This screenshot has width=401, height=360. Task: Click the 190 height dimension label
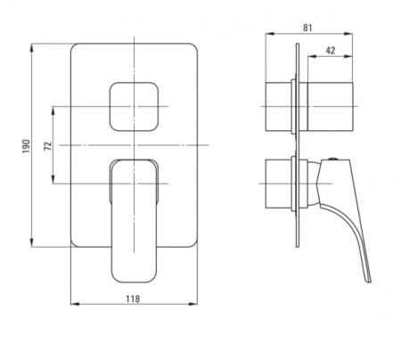(27, 146)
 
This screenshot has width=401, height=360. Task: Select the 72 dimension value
(48, 146)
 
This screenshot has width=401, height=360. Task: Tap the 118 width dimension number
(133, 299)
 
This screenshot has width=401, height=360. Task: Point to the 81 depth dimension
(307, 28)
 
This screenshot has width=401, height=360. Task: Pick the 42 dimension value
(331, 51)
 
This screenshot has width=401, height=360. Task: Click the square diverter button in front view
(134, 107)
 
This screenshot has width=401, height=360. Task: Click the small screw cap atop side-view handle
(333, 159)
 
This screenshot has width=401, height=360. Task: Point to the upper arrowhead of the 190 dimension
(31, 47)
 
